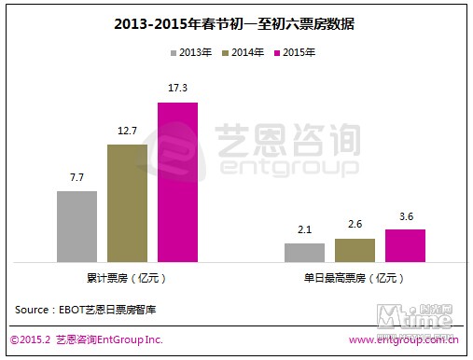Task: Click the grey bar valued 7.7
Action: point(77,226)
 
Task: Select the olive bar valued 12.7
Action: point(127,202)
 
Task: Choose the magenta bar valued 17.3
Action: point(177,181)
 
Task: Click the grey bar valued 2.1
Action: point(304,252)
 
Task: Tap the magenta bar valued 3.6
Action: point(405,244)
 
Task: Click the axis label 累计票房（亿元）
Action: point(126,277)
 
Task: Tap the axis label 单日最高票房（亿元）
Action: point(355,277)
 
